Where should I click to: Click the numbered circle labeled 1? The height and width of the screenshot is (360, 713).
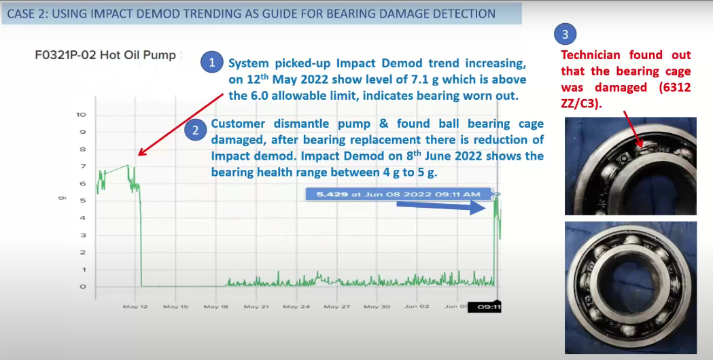point(211,62)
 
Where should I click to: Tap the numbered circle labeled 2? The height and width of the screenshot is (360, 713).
point(196,130)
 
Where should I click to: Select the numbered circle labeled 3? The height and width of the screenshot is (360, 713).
point(566,34)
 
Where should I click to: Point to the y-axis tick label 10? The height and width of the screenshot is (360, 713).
point(81,115)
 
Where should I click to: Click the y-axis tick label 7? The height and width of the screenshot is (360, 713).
point(83,166)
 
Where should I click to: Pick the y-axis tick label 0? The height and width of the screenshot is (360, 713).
point(83,287)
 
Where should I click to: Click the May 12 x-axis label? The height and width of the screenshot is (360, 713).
point(135,307)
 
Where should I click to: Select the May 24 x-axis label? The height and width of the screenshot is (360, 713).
point(296,307)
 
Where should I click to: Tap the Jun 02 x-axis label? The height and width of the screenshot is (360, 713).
point(417,307)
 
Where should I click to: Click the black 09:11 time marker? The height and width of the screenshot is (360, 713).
point(485,307)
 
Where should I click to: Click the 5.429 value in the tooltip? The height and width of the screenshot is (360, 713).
point(332,194)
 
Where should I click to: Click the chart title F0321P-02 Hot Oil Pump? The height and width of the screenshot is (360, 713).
point(105,56)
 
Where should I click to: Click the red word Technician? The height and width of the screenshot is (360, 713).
point(590,55)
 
